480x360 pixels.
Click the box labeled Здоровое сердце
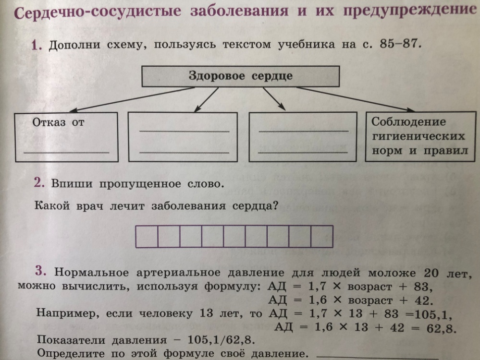pos(241,76)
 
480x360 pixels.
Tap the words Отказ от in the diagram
pos(58,122)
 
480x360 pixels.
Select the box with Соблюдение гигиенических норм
pos(420,136)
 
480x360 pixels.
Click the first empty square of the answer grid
pos(147,236)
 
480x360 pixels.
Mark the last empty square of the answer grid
pos(322,236)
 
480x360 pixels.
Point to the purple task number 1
pos(36,45)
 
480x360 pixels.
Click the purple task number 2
pos(39,182)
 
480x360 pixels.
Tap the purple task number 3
pos(41,271)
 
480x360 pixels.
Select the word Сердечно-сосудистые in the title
pos(98,12)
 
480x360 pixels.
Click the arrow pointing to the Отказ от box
pos(132,99)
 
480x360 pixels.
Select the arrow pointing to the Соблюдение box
pos(356,99)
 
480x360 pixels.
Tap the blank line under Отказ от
pos(66,152)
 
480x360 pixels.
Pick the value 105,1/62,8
pos(221,339)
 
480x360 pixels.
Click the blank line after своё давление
pos(377,357)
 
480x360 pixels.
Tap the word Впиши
pos(72,184)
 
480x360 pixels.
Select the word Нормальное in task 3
pos(91,272)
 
